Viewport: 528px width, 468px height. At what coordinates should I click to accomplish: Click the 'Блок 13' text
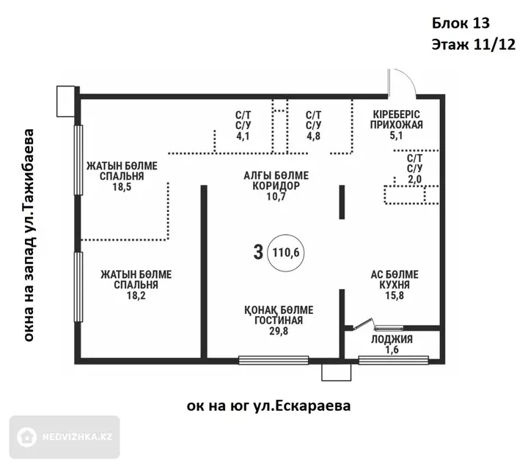(x=461, y=23)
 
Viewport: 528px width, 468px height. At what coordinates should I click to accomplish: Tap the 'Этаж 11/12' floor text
(x=474, y=44)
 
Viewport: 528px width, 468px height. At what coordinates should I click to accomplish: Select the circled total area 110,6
(x=285, y=252)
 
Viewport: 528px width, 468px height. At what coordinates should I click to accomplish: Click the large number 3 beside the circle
(x=258, y=252)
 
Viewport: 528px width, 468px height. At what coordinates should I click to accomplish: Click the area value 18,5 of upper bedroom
(x=122, y=186)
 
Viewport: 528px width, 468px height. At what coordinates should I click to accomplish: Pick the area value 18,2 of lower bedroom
(x=136, y=296)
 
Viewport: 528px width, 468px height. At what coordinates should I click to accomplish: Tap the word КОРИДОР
(x=276, y=186)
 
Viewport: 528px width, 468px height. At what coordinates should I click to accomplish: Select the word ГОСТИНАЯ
(x=279, y=320)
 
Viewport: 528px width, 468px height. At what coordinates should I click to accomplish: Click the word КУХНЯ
(x=395, y=285)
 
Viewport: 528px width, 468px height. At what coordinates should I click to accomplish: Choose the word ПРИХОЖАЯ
(x=396, y=125)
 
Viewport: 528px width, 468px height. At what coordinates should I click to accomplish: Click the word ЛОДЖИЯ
(x=392, y=339)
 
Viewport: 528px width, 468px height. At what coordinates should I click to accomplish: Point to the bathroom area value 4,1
(x=243, y=136)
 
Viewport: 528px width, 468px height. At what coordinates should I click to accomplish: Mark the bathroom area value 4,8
(x=313, y=136)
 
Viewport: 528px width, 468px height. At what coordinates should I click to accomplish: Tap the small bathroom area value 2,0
(x=414, y=179)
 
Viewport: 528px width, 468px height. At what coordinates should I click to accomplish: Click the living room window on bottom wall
(x=274, y=360)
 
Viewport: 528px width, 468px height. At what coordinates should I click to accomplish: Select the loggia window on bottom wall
(x=393, y=360)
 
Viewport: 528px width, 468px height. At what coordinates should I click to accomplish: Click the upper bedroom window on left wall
(x=78, y=160)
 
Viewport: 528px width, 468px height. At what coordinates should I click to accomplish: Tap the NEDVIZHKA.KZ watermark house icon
(x=27, y=437)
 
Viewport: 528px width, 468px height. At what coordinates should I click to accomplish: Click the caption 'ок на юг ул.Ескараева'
(x=268, y=406)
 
